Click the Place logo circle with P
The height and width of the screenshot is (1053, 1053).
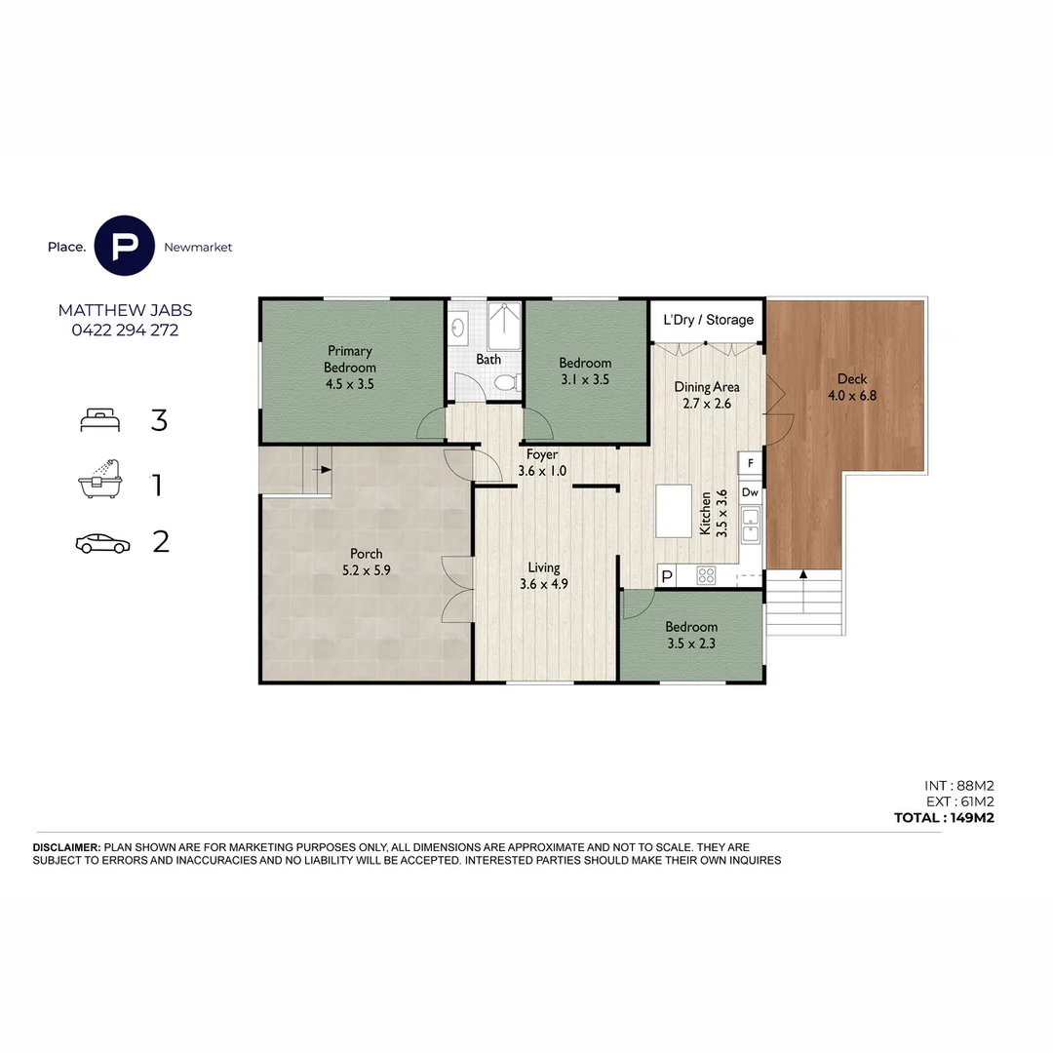(125, 247)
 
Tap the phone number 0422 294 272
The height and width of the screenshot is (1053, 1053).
(125, 331)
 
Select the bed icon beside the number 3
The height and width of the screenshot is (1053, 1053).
(101, 420)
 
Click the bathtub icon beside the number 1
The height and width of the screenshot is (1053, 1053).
(102, 481)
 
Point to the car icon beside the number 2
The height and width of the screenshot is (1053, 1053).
(102, 543)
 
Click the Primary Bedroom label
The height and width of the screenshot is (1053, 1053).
(350, 368)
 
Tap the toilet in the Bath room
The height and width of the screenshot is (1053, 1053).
(505, 384)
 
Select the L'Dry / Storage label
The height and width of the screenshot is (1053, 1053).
(708, 320)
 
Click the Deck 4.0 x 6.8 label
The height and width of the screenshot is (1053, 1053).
(846, 387)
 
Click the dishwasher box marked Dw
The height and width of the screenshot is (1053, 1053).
(750, 493)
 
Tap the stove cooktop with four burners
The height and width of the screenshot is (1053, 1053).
(706, 575)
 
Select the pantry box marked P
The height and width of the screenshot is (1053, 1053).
(667, 576)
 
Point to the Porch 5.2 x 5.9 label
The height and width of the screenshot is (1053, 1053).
(366, 563)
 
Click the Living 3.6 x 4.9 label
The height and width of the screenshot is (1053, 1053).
(544, 575)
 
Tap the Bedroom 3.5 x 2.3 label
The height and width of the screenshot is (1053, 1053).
(691, 635)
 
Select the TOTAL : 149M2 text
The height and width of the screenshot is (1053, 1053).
(943, 818)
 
